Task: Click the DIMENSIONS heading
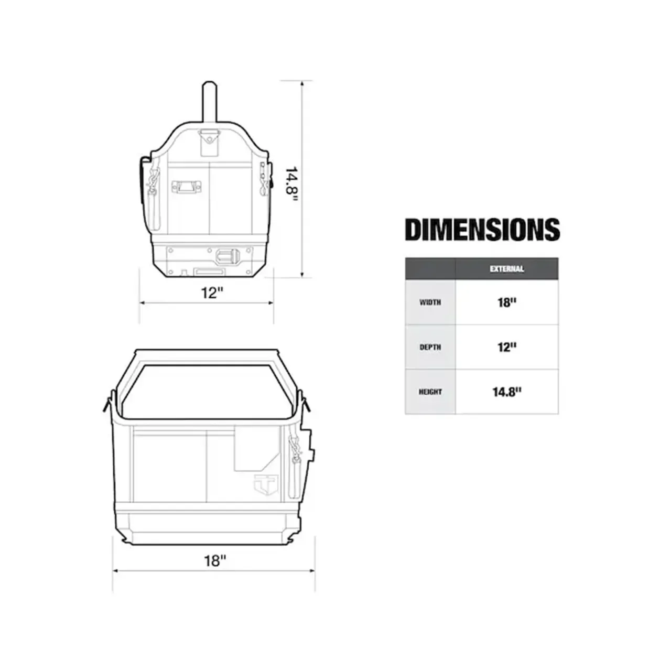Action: (482, 230)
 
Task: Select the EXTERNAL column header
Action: (506, 269)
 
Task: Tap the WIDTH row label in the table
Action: (430, 302)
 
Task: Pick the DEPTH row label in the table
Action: (430, 347)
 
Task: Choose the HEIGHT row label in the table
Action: (430, 392)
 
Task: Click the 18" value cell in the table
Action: (506, 302)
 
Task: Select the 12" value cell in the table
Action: (506, 347)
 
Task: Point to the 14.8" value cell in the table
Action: (506, 392)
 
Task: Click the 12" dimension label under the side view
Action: (212, 293)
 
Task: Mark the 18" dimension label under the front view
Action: (215, 560)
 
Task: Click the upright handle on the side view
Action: (209, 102)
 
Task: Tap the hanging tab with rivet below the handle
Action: (209, 142)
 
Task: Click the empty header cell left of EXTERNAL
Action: (430, 269)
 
